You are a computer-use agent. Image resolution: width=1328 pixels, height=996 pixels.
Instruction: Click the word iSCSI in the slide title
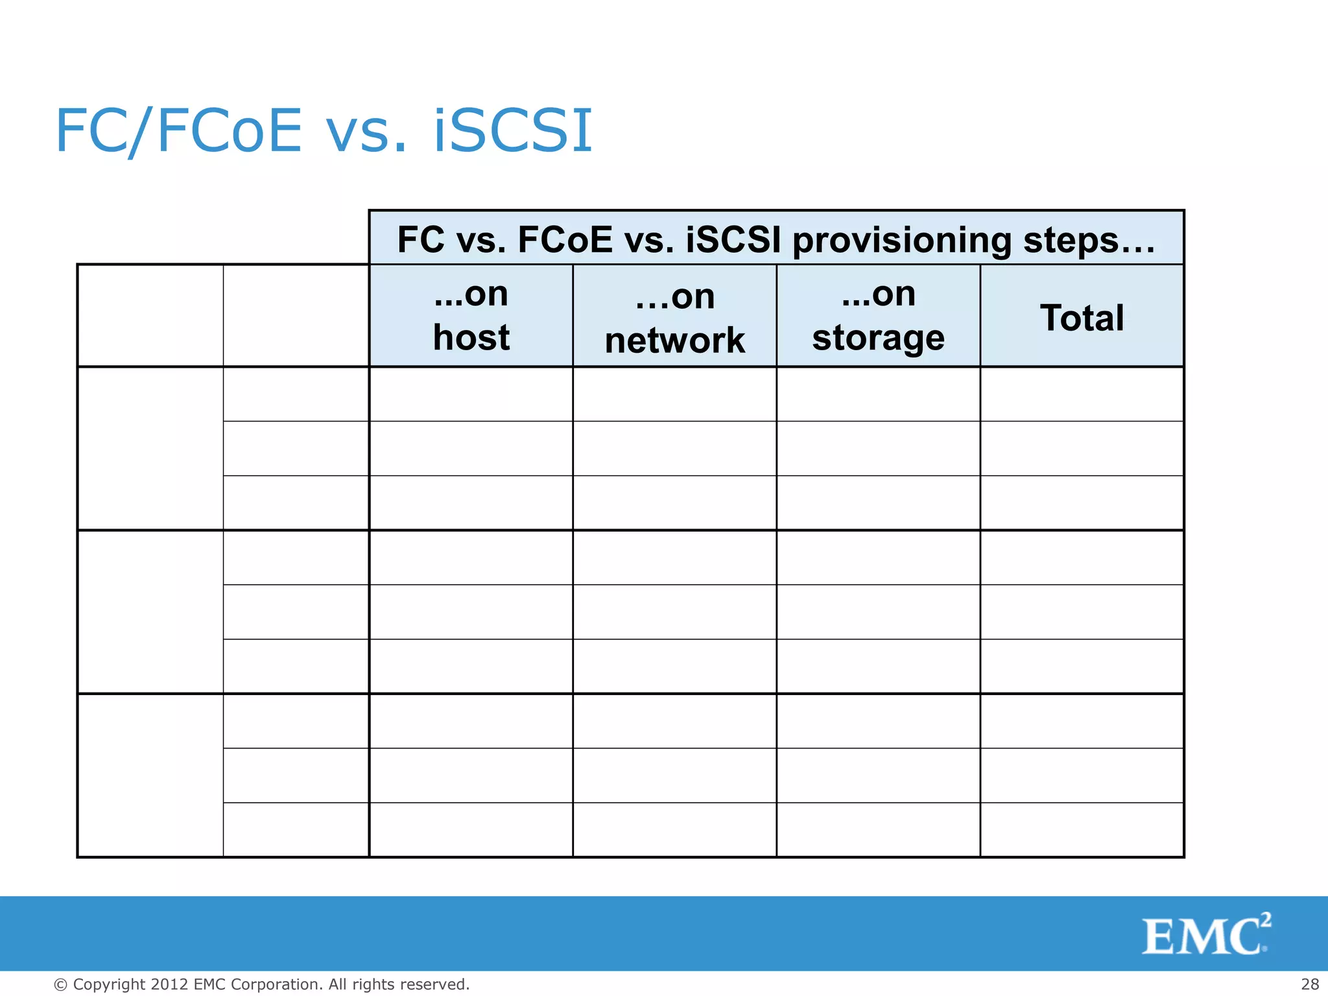pos(512,131)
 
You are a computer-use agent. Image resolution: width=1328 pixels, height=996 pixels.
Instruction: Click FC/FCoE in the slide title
pos(179,131)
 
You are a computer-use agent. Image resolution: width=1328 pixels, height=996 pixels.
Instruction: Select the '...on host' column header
pos(471,316)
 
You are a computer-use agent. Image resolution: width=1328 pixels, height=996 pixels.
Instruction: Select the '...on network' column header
pos(674,318)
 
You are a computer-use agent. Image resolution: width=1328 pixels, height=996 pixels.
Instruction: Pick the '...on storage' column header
pos(879,316)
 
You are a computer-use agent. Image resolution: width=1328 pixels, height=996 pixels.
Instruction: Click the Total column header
pos(1082,318)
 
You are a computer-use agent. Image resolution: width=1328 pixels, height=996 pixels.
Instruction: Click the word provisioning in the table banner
pos(902,241)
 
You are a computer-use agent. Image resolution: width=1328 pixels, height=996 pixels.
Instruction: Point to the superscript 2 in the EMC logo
pos(1266,919)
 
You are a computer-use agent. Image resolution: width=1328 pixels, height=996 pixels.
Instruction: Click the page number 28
pos(1310,984)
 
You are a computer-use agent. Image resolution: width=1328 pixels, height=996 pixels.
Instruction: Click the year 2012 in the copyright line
pos(170,984)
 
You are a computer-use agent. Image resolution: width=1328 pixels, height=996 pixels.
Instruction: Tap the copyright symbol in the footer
pos(60,985)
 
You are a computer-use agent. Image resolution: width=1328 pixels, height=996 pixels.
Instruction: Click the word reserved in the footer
pos(434,984)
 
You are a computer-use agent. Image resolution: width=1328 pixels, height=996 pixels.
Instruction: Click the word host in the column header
pos(471,338)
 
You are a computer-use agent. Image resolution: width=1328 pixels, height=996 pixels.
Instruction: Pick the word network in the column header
pos(674,340)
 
